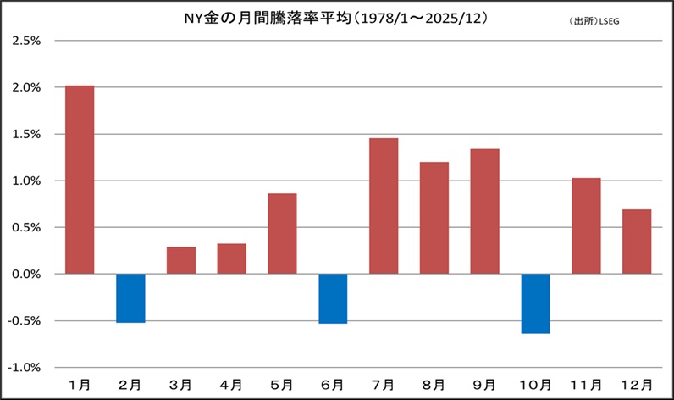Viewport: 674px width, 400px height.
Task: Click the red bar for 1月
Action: [80, 180]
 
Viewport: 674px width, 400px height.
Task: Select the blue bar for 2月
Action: [130, 297]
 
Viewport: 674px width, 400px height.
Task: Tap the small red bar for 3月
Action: [181, 260]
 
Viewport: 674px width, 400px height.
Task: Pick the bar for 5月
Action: [282, 234]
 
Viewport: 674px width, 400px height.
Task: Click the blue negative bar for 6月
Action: [333, 298]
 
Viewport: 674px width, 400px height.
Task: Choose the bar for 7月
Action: [384, 206]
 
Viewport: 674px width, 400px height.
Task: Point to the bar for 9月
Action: [484, 211]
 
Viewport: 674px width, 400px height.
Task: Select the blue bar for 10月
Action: [535, 303]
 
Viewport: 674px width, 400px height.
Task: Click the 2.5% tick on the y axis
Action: [25, 41]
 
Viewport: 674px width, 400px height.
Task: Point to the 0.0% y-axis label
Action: [25, 275]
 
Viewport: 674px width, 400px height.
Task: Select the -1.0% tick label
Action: [24, 368]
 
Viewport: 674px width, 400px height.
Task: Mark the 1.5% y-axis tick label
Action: [25, 134]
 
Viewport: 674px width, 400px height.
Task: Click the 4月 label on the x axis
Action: [231, 385]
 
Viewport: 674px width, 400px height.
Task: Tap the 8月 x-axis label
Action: [434, 385]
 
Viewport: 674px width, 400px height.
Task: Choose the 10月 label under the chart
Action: [535, 385]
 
